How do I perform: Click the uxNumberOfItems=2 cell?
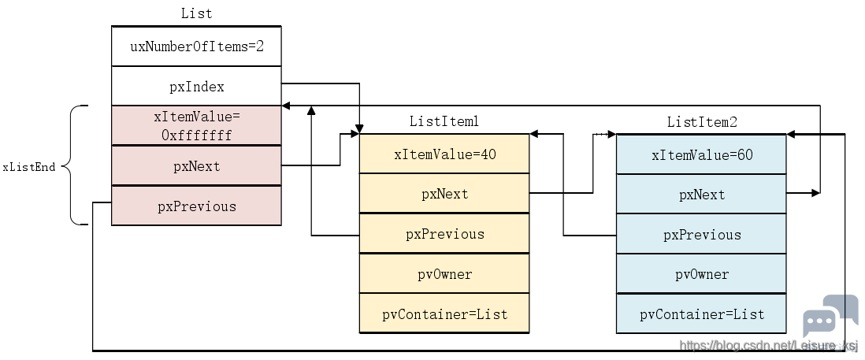click(x=196, y=46)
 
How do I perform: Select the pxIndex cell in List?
click(x=196, y=86)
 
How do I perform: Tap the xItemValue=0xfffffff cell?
click(x=196, y=126)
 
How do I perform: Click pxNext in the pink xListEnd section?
click(x=196, y=165)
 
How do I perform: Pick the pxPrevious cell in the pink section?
click(x=196, y=206)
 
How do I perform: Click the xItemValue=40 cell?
click(x=444, y=154)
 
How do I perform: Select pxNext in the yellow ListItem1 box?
click(x=444, y=194)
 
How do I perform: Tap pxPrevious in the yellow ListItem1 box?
click(x=444, y=234)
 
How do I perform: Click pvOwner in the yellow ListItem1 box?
click(x=444, y=273)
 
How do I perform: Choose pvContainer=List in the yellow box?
click(x=444, y=314)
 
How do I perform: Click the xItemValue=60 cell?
click(x=701, y=154)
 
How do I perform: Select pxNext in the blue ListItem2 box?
click(x=701, y=194)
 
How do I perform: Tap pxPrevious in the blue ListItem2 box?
click(x=701, y=234)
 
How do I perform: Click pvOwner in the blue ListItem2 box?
click(x=701, y=274)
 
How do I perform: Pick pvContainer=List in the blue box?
click(x=701, y=314)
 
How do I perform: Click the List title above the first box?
click(x=196, y=13)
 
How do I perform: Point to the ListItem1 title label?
click(x=444, y=121)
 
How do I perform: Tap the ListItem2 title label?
click(x=702, y=122)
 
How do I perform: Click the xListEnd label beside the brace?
click(x=29, y=166)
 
